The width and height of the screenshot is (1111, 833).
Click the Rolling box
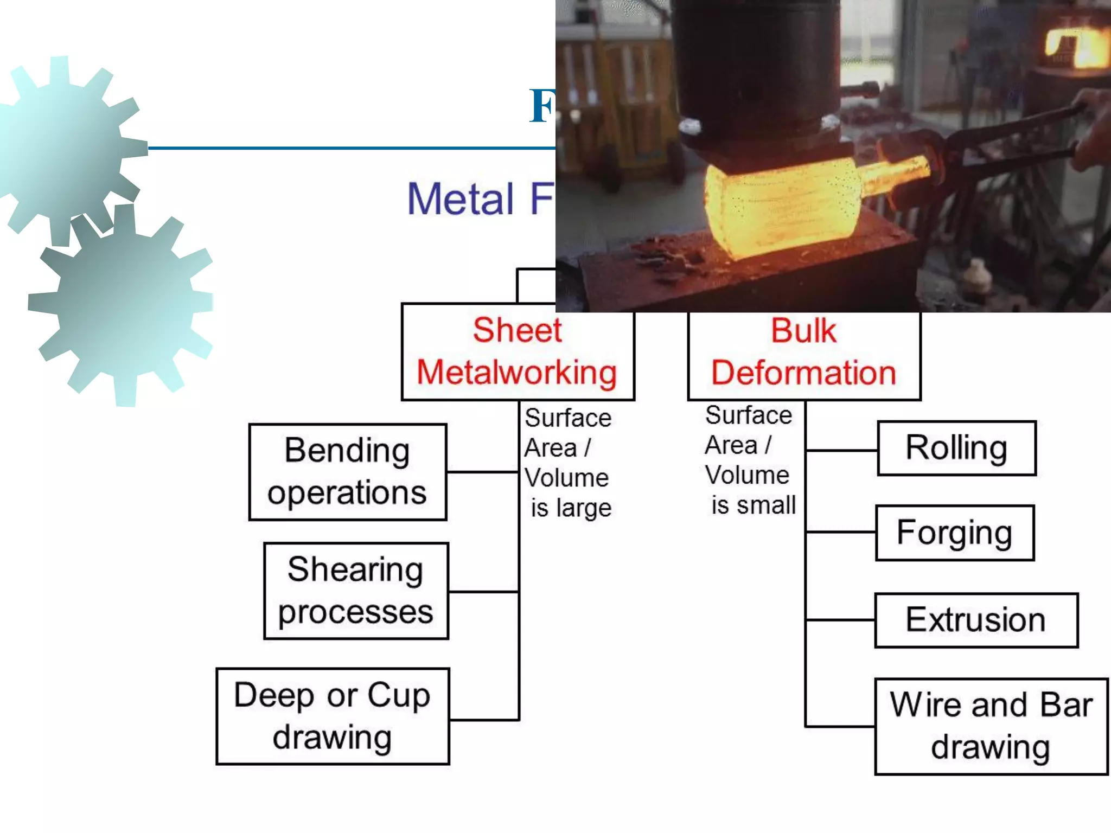pyautogui.click(x=956, y=448)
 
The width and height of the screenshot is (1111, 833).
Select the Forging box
pyautogui.click(x=955, y=533)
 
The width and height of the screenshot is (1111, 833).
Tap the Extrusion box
pyautogui.click(x=976, y=620)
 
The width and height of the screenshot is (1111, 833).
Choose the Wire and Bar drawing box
pyautogui.click(x=991, y=726)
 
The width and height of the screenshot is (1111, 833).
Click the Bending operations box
pyautogui.click(x=348, y=472)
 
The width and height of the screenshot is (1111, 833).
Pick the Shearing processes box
pyautogui.click(x=356, y=591)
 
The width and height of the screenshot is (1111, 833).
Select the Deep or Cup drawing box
pyautogui.click(x=333, y=716)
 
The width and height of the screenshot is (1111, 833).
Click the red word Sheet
pyautogui.click(x=517, y=330)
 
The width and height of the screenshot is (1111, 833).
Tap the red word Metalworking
pyautogui.click(x=517, y=373)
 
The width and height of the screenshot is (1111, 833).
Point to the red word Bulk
pyautogui.click(x=803, y=330)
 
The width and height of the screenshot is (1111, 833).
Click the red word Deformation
pyautogui.click(x=803, y=373)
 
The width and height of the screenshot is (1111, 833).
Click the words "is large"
pyautogui.click(x=571, y=508)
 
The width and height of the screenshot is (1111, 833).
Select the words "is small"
pyautogui.click(x=754, y=505)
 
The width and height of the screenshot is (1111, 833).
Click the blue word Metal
pyautogui.click(x=460, y=199)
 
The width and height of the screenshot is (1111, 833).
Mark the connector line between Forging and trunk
pyautogui.click(x=841, y=533)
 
